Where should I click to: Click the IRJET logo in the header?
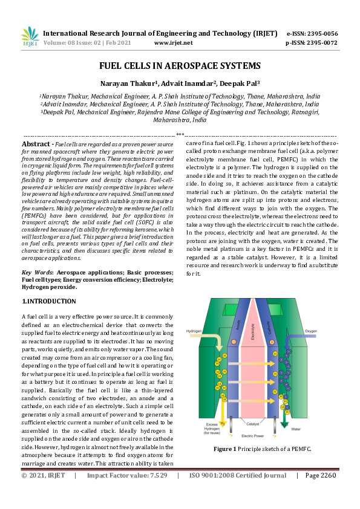tap(30, 37)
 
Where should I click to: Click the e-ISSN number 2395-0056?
tap(320, 34)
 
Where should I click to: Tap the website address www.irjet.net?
tap(174, 43)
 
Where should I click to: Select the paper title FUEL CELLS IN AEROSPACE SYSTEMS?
tap(180, 66)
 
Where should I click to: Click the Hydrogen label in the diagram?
tap(194, 331)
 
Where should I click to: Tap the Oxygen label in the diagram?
tap(310, 331)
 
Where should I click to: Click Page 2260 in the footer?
tap(320, 492)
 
